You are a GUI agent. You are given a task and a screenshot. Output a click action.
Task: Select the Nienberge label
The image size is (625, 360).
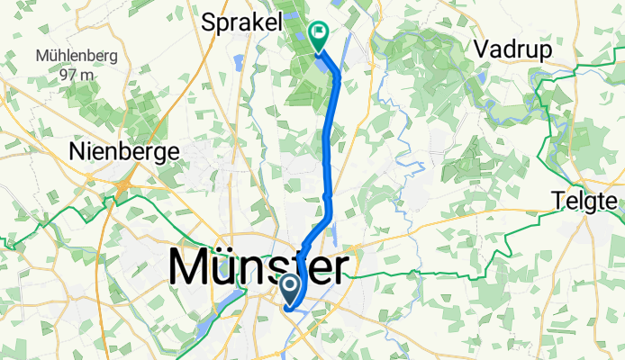click(x=124, y=152)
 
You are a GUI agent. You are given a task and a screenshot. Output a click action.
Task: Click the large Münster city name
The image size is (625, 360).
click(x=259, y=267)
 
